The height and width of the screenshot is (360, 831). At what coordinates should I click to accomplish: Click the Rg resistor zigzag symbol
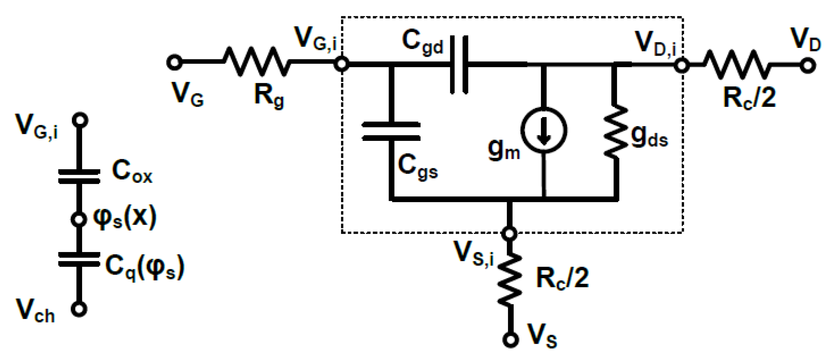point(256,62)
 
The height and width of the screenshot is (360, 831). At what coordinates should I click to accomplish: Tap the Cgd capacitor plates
point(459,65)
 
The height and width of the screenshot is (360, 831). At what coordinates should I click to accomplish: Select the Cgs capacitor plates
point(391,131)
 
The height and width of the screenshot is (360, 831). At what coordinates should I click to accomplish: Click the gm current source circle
point(543,130)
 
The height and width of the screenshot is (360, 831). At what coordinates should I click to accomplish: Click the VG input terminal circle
point(174,62)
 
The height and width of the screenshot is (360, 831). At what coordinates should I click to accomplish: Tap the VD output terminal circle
point(808,65)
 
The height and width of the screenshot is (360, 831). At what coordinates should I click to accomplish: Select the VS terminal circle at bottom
point(510,339)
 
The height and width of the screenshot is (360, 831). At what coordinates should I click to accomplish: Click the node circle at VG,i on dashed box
point(341,64)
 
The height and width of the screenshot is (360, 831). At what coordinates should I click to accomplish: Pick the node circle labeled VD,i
point(681,65)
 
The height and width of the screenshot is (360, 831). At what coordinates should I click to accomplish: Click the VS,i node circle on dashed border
point(510,233)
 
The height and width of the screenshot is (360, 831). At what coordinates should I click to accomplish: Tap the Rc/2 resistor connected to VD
point(738,65)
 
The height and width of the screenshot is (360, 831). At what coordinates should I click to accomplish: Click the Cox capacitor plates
point(79,176)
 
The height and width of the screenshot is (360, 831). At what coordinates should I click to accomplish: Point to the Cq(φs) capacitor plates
point(79,259)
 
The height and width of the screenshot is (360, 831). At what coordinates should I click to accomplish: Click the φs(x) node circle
point(79,219)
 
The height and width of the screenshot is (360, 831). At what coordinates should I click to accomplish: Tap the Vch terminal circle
point(79,308)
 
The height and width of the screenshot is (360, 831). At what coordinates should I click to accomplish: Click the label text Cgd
point(423,42)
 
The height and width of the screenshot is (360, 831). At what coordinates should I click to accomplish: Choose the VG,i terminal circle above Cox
point(80,120)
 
